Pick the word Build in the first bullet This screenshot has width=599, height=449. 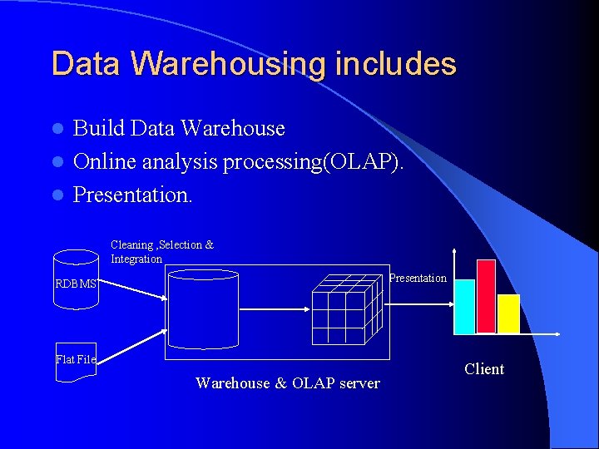point(100,128)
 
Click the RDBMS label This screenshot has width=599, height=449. point(76,284)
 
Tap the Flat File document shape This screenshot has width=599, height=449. point(76,362)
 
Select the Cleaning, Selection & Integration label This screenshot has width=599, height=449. point(162,251)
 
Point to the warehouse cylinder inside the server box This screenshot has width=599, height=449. point(203,309)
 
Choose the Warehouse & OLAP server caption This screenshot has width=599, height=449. point(287,383)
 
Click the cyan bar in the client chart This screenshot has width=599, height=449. point(464,306)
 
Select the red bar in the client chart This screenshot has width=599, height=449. point(486,296)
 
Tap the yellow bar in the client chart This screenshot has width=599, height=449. point(508,313)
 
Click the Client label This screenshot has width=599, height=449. point(484,369)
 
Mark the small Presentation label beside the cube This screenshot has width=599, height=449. point(418,278)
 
